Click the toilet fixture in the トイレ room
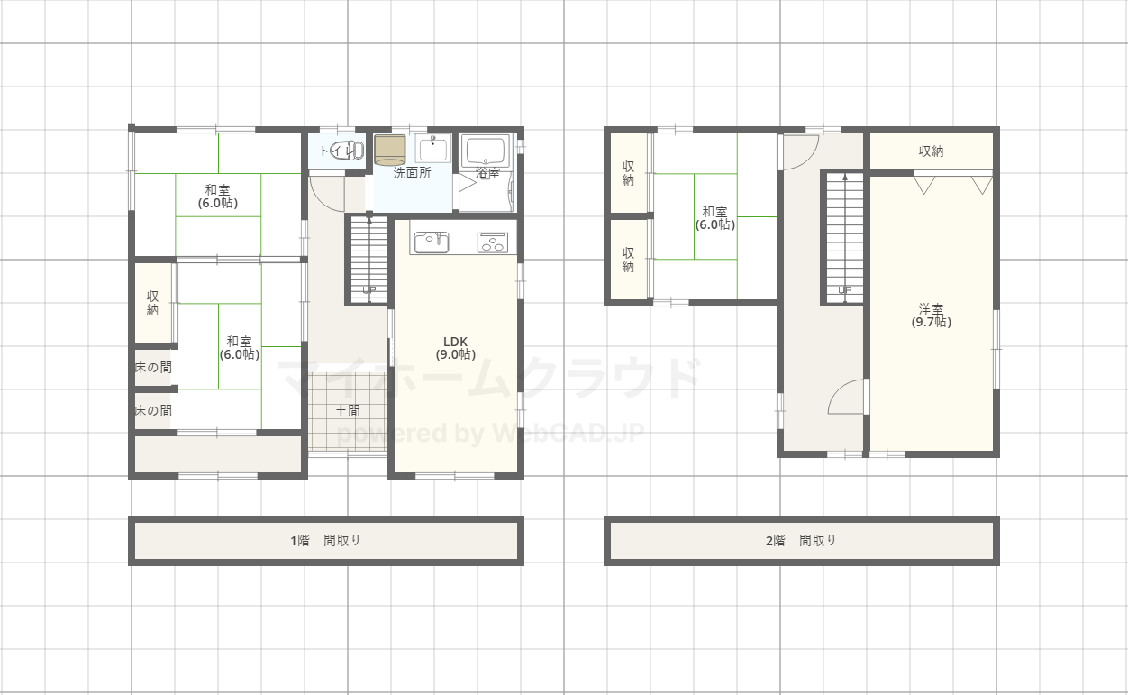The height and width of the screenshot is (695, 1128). point(348,151)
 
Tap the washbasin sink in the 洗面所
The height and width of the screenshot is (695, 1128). point(433,149)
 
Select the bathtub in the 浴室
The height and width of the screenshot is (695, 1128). point(486,151)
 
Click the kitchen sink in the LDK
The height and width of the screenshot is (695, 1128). point(431,242)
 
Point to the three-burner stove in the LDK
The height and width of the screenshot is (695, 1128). point(493,242)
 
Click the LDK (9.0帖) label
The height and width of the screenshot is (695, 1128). point(456,348)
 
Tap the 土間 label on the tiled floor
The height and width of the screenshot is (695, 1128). point(348,411)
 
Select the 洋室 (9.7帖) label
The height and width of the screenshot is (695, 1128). point(931,315)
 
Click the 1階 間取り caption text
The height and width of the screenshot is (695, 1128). point(326,541)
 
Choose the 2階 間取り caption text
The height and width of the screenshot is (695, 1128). point(801,541)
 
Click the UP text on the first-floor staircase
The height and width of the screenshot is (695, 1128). point(369,290)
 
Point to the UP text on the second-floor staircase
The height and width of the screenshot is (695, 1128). point(844,290)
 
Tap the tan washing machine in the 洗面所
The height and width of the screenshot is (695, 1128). point(390,150)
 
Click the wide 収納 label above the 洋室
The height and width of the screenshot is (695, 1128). point(931,151)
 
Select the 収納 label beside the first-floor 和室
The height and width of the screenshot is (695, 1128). point(152,303)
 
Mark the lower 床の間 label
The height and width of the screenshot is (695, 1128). point(153,411)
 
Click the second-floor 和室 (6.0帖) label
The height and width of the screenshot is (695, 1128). point(715,218)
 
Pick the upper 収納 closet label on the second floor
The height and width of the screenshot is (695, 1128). point(628,173)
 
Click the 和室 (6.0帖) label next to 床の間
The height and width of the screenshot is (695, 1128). point(240,348)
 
